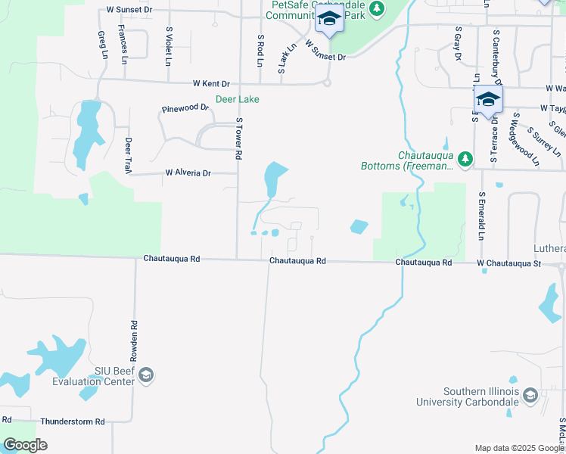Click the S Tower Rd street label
238,138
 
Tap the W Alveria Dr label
188,173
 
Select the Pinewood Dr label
185,108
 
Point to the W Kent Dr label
211,83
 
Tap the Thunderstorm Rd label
73,421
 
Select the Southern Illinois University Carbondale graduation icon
530,396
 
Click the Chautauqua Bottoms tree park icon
465,160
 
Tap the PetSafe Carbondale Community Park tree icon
376,10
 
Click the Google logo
25,444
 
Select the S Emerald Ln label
480,216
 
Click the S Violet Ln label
169,45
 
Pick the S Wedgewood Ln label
527,140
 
